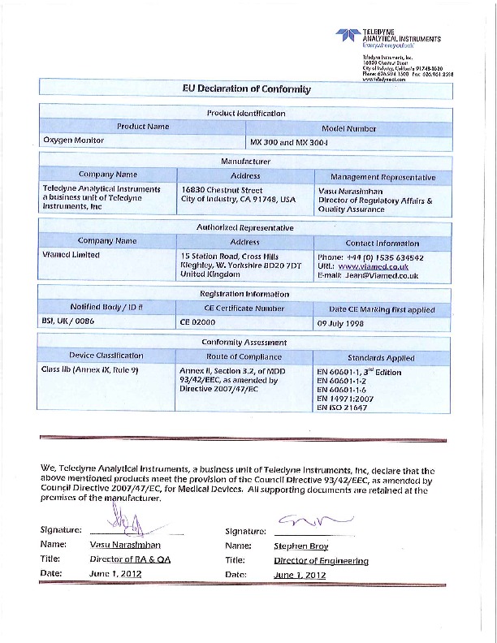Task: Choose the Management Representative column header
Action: tap(382, 176)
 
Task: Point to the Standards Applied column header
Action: tap(381, 357)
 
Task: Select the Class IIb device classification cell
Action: tap(89, 370)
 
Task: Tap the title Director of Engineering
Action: tap(321, 560)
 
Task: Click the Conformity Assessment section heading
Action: tap(245, 343)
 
